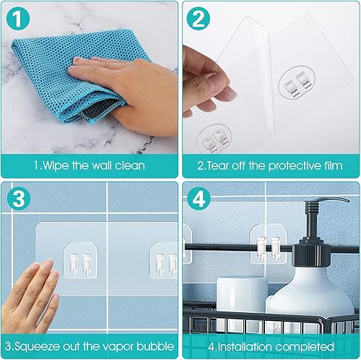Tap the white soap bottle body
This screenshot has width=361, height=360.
[318, 296]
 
